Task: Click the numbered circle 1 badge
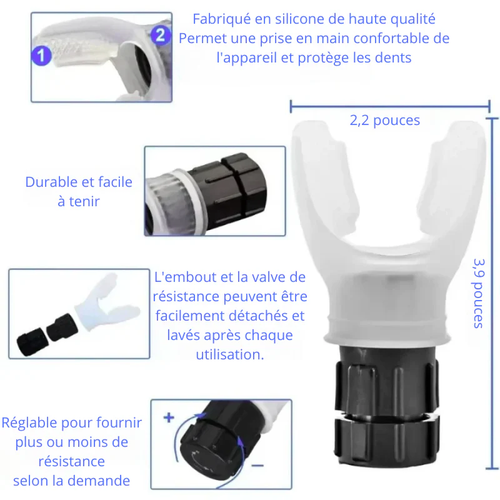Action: pyautogui.click(x=42, y=56)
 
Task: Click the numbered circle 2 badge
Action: pyautogui.click(x=161, y=35)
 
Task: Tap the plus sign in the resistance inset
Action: pyautogui.click(x=169, y=417)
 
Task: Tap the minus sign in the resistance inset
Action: pyautogui.click(x=257, y=466)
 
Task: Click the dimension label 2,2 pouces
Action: pyautogui.click(x=385, y=121)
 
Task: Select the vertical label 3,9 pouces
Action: pyautogui.click(x=479, y=293)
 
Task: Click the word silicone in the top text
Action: pyautogui.click(x=301, y=19)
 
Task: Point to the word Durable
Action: pyautogui.click(x=51, y=182)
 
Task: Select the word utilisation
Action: pyautogui.click(x=230, y=354)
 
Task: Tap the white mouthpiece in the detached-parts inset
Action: pyautogui.click(x=106, y=303)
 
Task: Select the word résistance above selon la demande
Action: pyautogui.click(x=71, y=461)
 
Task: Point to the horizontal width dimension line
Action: pyautogui.click(x=390, y=106)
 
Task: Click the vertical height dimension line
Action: pyautogui.click(x=492, y=293)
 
